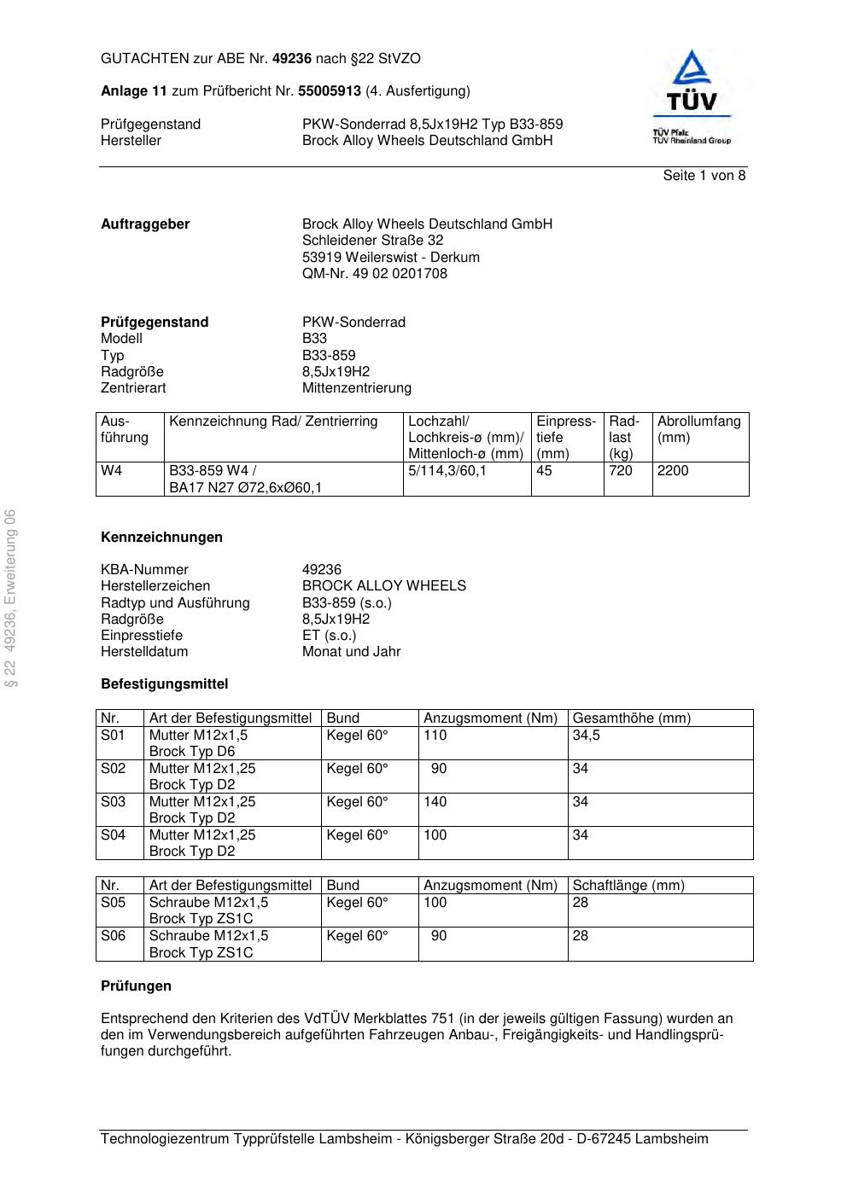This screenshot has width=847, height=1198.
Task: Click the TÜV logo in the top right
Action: click(692, 96)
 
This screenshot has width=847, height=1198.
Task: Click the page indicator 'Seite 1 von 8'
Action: click(704, 176)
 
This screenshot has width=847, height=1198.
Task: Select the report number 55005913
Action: click(330, 91)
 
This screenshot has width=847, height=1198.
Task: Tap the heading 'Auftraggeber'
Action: click(145, 224)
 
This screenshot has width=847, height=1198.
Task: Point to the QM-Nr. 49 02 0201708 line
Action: click(374, 274)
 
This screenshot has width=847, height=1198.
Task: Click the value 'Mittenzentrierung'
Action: click(356, 388)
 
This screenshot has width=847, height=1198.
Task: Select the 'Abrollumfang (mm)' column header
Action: click(698, 429)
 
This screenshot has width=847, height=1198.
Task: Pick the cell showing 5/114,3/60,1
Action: click(447, 471)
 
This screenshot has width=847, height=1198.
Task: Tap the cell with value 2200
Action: click(672, 471)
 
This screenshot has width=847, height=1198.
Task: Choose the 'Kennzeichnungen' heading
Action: click(161, 538)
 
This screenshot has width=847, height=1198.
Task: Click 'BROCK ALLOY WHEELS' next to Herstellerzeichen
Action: click(383, 586)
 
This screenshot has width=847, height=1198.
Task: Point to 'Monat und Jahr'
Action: click(351, 652)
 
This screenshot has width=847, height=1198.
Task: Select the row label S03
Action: click(113, 802)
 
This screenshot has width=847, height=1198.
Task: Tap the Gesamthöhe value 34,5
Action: click(586, 736)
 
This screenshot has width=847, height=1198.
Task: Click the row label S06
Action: click(113, 936)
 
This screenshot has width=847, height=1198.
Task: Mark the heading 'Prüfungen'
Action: click(136, 986)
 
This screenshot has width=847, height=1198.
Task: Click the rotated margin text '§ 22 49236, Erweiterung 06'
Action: click(11, 597)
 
